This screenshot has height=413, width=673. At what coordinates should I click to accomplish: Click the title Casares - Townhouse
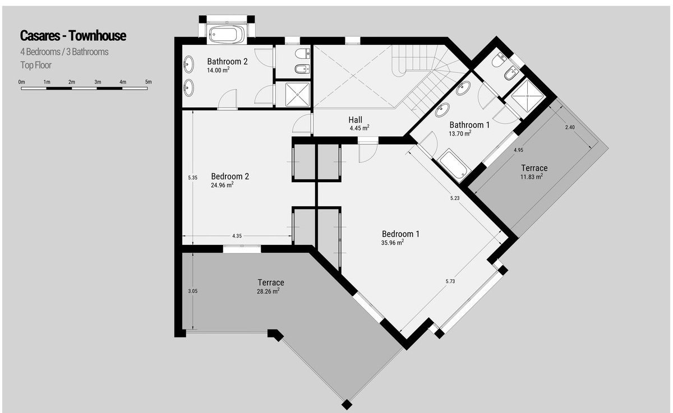73,36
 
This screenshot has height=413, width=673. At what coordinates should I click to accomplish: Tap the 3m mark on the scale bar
98,82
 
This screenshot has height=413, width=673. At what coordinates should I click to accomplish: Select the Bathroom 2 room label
228,62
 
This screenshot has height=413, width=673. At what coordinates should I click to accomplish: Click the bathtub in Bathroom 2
226,34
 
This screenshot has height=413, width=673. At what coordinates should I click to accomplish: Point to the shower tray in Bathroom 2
297,95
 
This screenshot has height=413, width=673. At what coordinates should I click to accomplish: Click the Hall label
356,120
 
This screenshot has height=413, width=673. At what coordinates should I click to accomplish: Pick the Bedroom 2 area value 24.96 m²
222,185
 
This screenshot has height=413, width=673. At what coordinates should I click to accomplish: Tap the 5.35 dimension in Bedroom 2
192,178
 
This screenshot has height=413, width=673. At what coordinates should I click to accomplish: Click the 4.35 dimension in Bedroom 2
237,236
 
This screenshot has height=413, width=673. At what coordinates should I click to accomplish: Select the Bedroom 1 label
400,234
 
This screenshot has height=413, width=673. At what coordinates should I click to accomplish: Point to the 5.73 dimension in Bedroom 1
450,281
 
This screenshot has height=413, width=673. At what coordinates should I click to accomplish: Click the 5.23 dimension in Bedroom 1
455,198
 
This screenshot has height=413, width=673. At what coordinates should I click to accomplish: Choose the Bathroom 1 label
469,125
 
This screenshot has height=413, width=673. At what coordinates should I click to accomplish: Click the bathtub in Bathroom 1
453,166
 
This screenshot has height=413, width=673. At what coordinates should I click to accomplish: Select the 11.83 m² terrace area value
532,177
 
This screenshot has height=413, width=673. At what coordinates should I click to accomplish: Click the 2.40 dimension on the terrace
570,127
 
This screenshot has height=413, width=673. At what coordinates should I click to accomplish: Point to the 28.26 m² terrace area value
268,291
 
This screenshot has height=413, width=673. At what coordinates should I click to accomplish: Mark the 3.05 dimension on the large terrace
192,291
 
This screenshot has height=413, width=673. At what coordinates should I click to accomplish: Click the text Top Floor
36,65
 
